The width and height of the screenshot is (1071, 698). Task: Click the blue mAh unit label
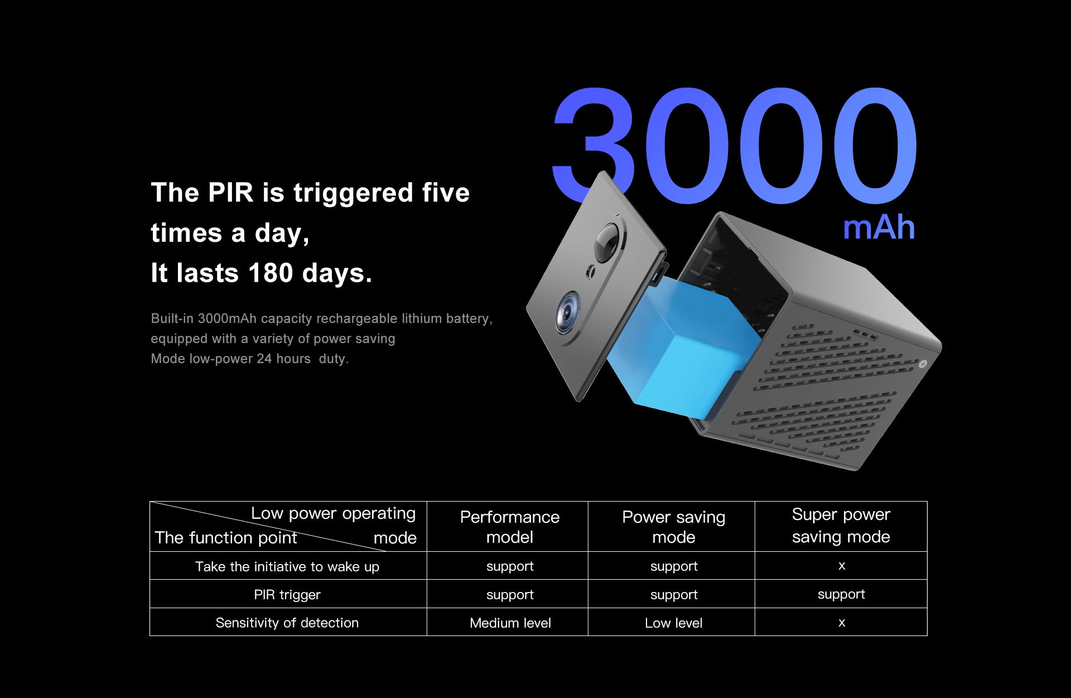pos(879,228)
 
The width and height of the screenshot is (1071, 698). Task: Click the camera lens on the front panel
pos(568,313)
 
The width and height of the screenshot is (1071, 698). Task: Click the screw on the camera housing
pos(923,364)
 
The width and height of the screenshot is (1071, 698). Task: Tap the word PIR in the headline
pos(230,192)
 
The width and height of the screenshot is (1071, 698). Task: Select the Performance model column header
pos(510,527)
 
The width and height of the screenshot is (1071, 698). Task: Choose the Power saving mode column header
pos(674,527)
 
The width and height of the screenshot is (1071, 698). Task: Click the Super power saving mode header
pos(841,525)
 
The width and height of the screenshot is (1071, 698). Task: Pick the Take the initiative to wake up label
pos(287,566)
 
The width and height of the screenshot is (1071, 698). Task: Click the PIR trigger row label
pos(287,595)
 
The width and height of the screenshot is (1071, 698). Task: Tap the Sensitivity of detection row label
pos(287,623)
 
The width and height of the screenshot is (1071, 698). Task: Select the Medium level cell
pos(510,623)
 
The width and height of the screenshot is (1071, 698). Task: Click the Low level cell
pos(674,623)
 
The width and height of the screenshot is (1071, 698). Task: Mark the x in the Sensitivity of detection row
pos(842,623)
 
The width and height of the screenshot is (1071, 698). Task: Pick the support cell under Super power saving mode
pos(841,595)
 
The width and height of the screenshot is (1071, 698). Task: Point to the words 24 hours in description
pos(283,359)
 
